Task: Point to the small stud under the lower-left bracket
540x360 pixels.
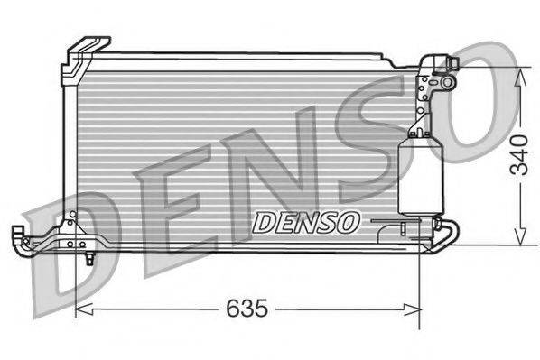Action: [90, 259]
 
